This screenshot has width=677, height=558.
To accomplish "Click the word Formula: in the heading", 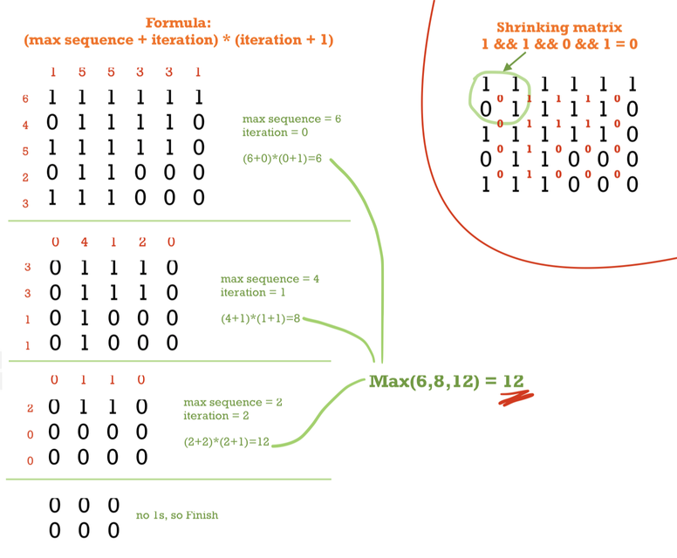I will [x=179, y=23].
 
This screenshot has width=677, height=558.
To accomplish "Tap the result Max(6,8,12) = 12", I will [x=446, y=381].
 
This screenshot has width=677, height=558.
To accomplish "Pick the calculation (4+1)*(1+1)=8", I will [x=260, y=318].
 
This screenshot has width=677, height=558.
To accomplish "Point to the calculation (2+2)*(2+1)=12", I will [x=226, y=442].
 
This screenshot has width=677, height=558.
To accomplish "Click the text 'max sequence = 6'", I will [x=291, y=119].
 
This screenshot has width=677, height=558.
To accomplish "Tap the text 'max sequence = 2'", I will [x=232, y=403].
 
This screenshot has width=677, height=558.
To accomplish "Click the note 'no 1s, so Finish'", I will [x=177, y=515].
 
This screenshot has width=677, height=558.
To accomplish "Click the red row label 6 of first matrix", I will [x=25, y=99].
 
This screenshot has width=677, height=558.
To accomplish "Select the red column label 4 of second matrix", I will [x=84, y=242].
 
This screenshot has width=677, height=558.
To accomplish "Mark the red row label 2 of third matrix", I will [x=30, y=408].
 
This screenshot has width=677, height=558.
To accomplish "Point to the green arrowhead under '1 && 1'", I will [x=507, y=65].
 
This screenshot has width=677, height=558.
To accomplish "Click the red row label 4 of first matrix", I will [x=25, y=126].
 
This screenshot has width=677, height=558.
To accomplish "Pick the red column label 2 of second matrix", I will [x=142, y=242].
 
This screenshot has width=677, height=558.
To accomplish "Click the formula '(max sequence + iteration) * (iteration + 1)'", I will [x=179, y=40].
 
